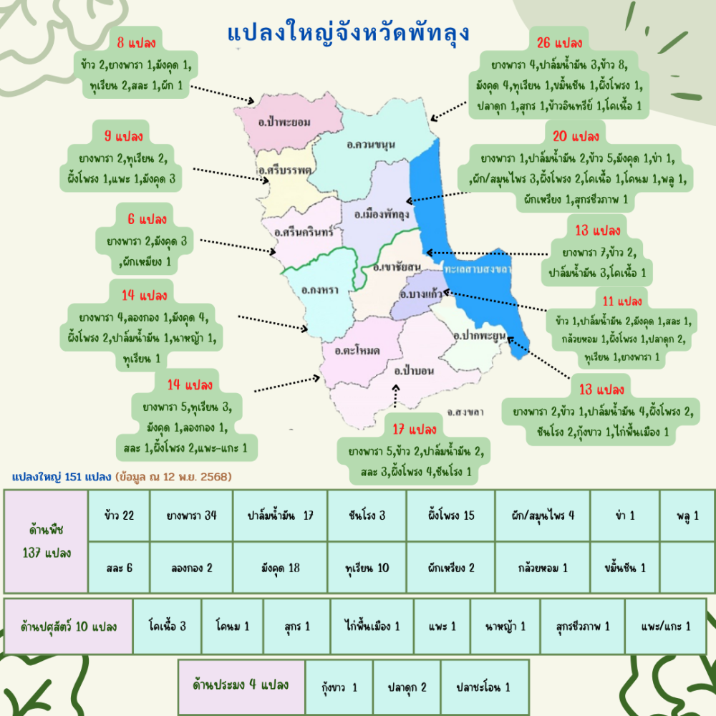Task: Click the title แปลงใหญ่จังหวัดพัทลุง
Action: click(x=349, y=33)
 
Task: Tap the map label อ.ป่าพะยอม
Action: click(x=285, y=122)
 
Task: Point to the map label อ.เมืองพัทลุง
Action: click(x=381, y=214)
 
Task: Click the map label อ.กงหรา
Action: click(x=320, y=291)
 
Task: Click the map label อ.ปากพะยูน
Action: click(x=480, y=334)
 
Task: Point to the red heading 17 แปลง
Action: click(x=415, y=430)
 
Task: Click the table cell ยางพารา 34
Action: click(x=191, y=516)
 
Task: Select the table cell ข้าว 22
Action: click(x=119, y=516)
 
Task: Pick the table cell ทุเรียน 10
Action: click(x=367, y=568)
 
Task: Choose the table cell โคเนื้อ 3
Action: click(x=167, y=626)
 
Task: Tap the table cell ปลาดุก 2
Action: click(x=407, y=687)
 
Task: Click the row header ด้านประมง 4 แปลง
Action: click(x=241, y=685)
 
